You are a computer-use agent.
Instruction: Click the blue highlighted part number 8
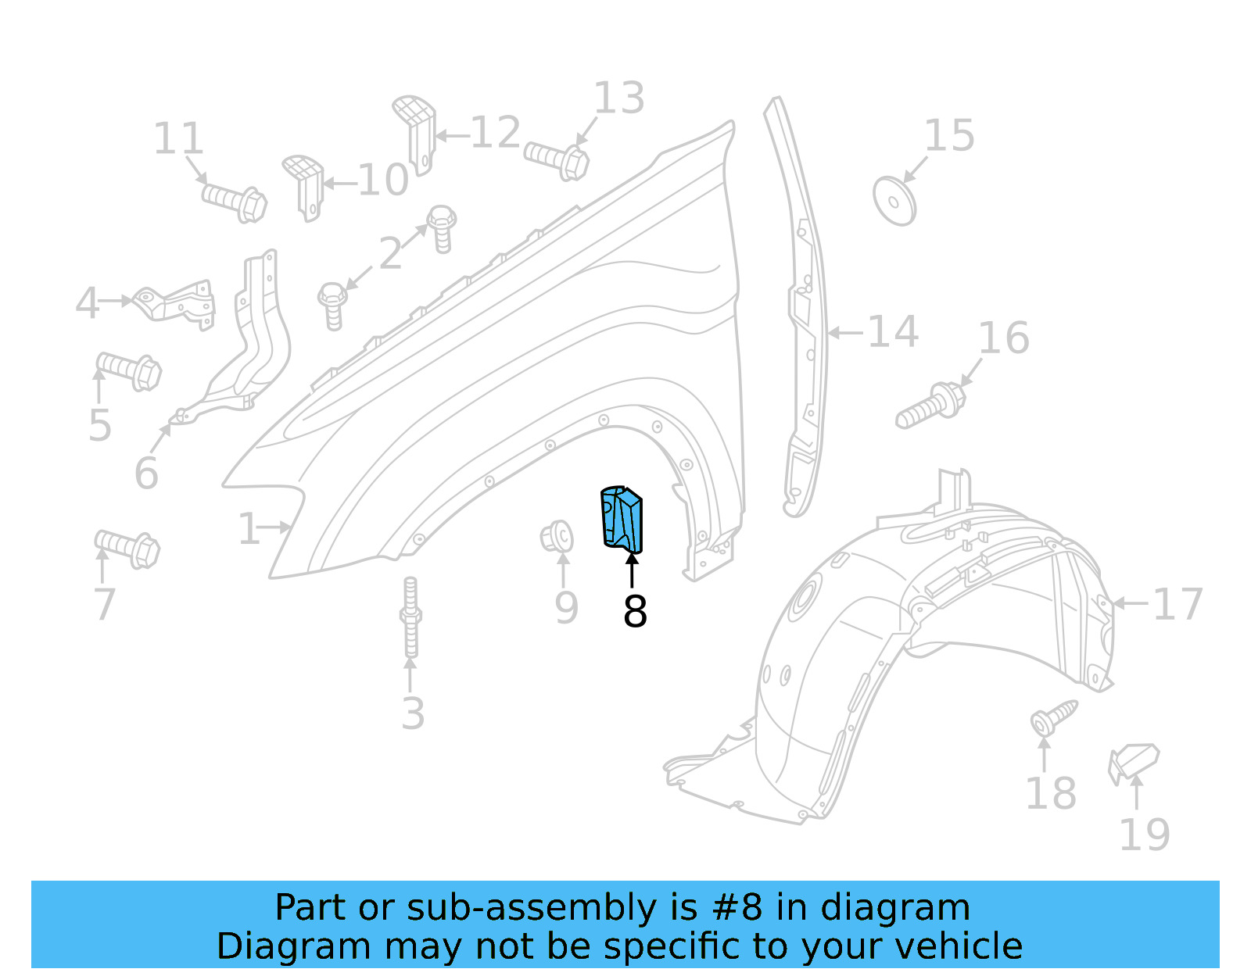(x=622, y=520)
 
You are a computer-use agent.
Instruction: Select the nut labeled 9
(x=557, y=537)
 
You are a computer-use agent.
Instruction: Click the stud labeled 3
(x=410, y=617)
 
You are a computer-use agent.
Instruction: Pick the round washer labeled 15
(x=894, y=202)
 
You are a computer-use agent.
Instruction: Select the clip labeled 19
(x=1132, y=762)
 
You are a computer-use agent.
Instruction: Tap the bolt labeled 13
(x=557, y=159)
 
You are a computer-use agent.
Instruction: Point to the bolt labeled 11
(x=235, y=201)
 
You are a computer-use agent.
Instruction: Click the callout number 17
(x=1178, y=604)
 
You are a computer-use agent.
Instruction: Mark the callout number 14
(x=892, y=332)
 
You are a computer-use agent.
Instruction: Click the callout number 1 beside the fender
(x=249, y=529)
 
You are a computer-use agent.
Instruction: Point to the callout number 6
(x=146, y=473)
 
